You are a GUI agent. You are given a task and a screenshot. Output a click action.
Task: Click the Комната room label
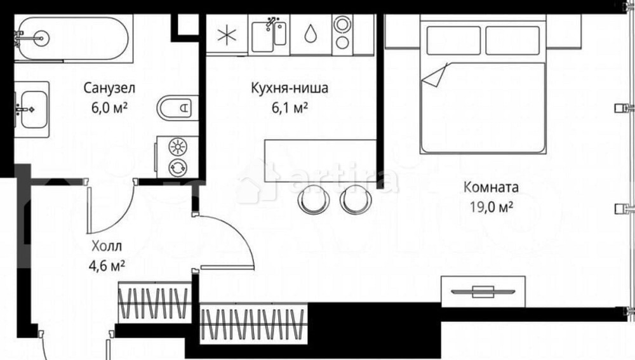(x=491, y=187)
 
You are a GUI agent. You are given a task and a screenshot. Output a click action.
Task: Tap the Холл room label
(x=105, y=245)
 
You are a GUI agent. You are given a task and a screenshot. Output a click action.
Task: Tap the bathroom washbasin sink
(x=30, y=109)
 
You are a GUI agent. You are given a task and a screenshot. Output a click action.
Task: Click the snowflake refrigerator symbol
(x=225, y=35)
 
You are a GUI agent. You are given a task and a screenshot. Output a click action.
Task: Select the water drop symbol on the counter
(x=311, y=34)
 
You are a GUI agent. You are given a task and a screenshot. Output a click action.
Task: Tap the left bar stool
(x=312, y=200)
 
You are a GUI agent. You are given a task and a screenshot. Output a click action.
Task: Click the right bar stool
(x=353, y=200)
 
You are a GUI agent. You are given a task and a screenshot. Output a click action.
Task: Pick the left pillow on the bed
(x=453, y=40)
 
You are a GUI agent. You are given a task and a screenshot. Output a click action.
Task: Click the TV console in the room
(x=483, y=291)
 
